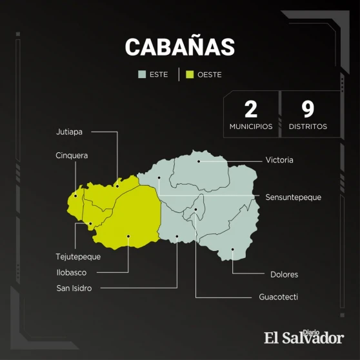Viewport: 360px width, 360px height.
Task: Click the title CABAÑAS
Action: [x=180, y=47]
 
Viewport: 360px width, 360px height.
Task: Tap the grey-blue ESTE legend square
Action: [x=142, y=74]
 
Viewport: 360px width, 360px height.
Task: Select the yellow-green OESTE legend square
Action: [x=190, y=74]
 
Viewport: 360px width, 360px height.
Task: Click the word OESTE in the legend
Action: [x=210, y=75]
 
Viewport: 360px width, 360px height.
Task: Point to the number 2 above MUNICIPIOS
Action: [x=251, y=110]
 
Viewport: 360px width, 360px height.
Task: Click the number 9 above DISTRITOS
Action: [x=308, y=110]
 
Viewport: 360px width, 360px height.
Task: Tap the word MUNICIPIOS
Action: [x=251, y=126]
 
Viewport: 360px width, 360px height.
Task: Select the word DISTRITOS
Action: [x=308, y=126]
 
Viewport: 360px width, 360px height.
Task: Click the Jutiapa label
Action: [x=69, y=132]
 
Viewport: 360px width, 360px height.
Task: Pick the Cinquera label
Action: [x=72, y=155]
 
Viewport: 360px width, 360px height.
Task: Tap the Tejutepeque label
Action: [x=78, y=257]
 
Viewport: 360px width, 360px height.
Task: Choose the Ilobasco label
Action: [x=72, y=272]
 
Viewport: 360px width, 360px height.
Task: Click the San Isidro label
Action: [x=74, y=288]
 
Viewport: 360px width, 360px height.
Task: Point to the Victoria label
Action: [x=279, y=160]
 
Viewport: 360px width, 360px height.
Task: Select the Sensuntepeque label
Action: [x=293, y=197]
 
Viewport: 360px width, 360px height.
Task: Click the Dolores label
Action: [x=285, y=275]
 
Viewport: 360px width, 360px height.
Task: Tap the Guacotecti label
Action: [x=278, y=297]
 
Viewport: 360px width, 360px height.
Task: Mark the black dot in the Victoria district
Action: [x=199, y=161]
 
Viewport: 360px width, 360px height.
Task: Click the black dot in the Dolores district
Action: [x=232, y=249]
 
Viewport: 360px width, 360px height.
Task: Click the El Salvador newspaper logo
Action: [x=304, y=337]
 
